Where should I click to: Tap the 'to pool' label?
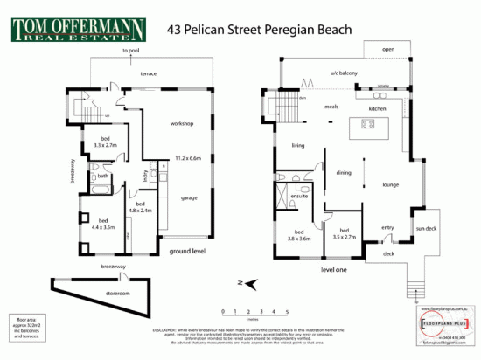pos(131,52)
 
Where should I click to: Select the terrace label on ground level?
pos(148,74)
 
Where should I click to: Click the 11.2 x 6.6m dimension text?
pos(188,159)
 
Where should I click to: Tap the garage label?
pos(187,198)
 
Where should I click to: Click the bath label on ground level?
pos(102,176)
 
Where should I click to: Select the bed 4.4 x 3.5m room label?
pos(102,224)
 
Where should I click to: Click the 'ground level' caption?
pos(186,250)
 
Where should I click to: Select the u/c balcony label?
pos(338,73)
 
